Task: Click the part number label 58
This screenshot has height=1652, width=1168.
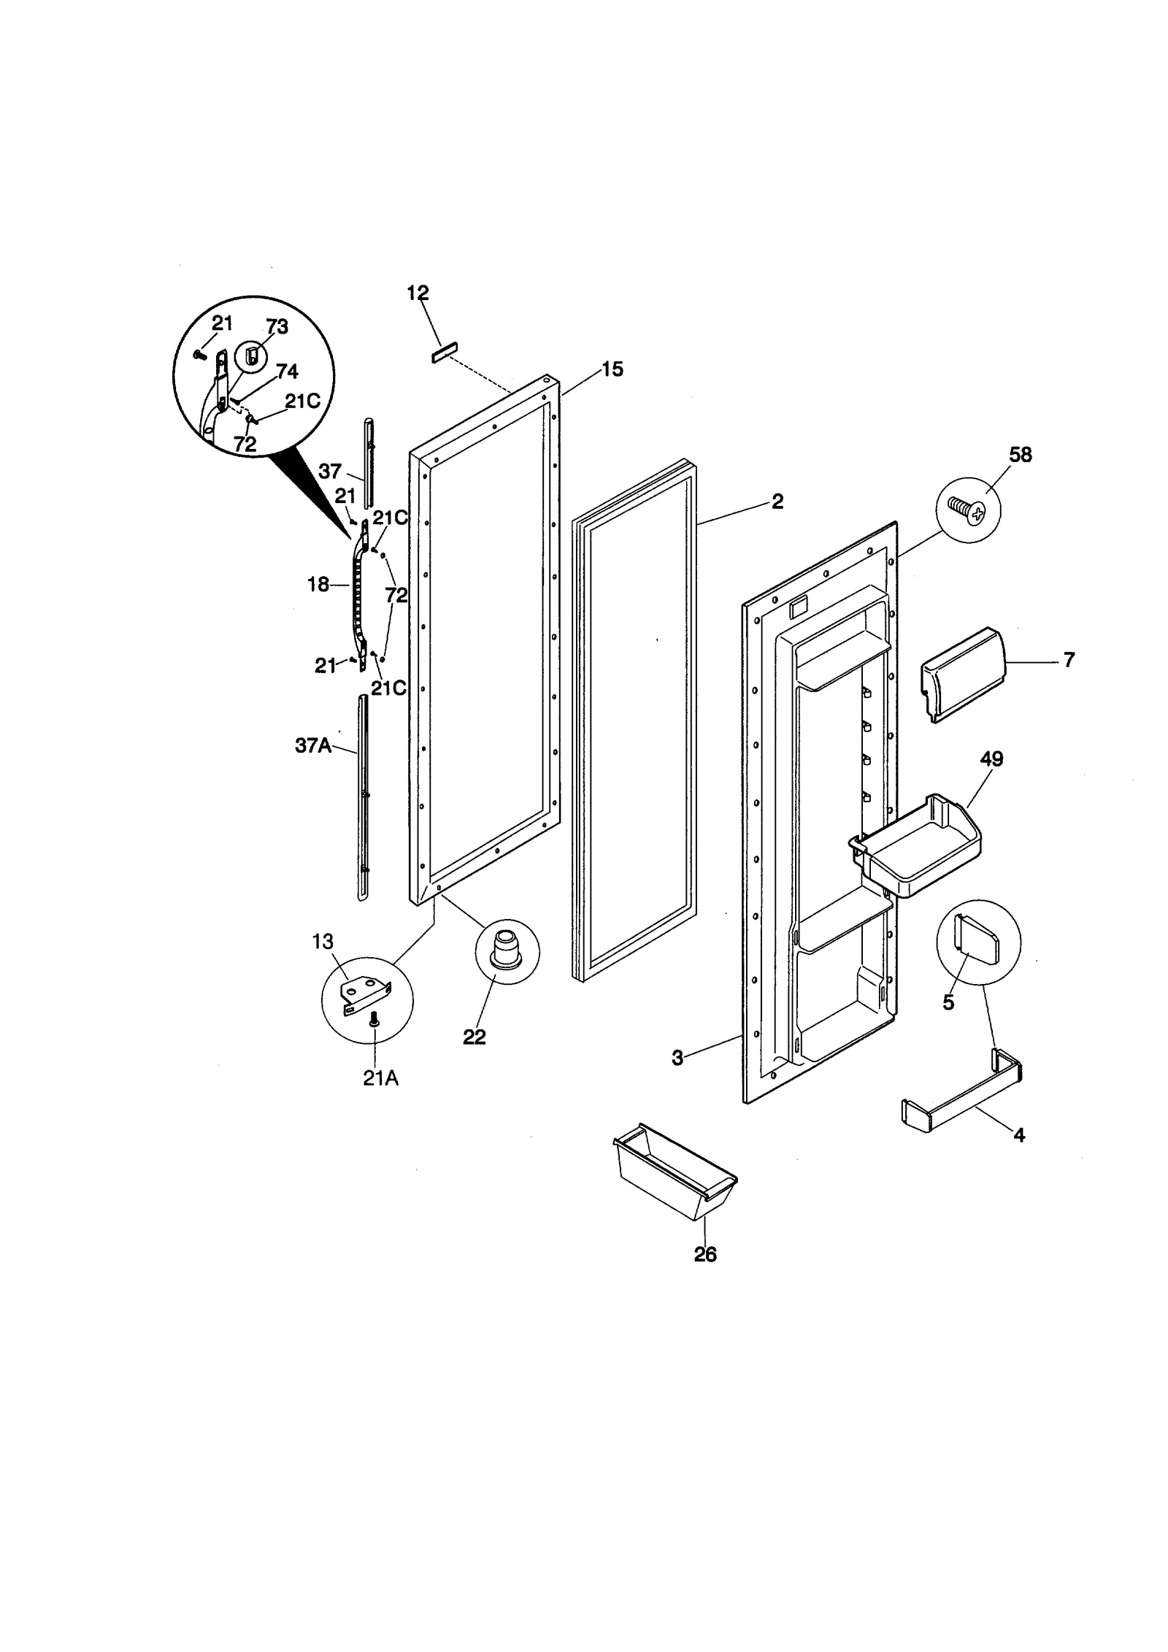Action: [1020, 455]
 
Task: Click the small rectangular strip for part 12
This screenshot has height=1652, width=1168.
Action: [442, 353]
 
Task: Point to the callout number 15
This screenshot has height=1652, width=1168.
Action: [612, 369]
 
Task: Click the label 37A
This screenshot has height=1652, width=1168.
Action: [313, 745]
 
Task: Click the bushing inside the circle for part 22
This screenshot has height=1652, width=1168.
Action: [504, 947]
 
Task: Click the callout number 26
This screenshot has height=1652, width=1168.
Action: [705, 1254]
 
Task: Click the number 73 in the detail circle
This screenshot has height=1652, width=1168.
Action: [277, 326]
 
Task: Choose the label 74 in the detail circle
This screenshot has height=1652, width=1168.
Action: [287, 372]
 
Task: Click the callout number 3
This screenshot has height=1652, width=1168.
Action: [677, 1058]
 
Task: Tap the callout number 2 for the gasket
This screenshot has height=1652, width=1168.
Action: [777, 502]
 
